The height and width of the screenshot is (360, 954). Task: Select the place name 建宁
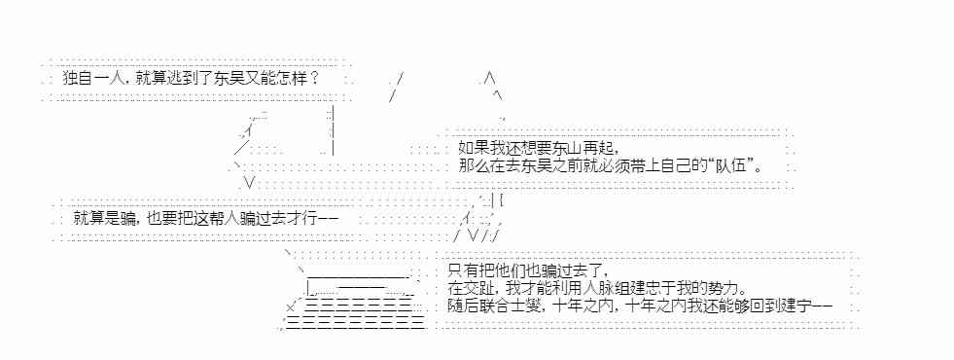point(798,306)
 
